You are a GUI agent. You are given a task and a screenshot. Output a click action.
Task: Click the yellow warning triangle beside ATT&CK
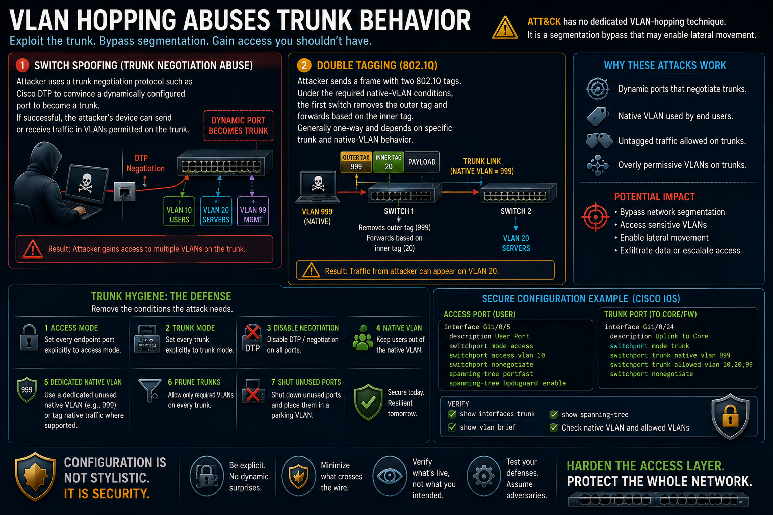coord(505,28)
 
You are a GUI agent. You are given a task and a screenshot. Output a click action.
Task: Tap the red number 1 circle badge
coord(23,65)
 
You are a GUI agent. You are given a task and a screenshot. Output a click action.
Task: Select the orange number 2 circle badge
coord(304,65)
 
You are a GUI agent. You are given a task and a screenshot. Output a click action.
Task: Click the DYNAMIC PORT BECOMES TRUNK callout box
coord(239,126)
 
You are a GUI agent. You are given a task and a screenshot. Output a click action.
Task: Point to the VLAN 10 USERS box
coord(179,211)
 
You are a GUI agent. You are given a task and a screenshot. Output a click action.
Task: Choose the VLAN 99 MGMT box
coord(253,211)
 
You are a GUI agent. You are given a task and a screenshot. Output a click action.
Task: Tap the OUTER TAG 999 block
coord(356,162)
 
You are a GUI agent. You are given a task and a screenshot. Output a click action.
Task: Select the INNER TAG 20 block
coord(389,162)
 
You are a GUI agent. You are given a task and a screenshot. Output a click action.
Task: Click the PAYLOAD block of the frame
coord(422,162)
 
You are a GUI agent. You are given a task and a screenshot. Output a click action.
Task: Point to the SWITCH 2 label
coord(516,211)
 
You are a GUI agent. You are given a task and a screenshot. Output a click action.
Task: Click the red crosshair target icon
coord(596,217)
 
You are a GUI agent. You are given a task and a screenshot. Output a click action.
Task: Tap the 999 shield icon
coord(27,390)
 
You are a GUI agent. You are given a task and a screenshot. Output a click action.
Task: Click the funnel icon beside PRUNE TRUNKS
coord(150,390)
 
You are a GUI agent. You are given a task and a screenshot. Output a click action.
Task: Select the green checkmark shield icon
coord(368,402)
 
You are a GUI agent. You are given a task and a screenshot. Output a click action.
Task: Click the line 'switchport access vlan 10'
coord(497,355)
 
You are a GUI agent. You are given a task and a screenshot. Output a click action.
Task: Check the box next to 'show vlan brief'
coord(452,427)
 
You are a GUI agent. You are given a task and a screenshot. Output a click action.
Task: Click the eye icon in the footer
coord(390,476)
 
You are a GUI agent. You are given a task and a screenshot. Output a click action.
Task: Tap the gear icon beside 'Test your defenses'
coord(484,476)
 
